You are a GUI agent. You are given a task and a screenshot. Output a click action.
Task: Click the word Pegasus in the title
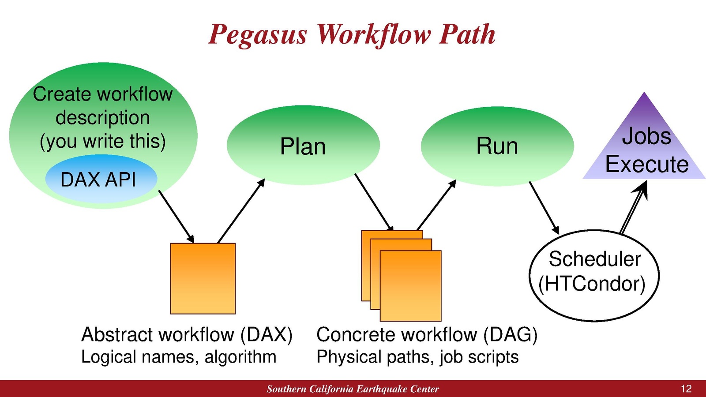258,34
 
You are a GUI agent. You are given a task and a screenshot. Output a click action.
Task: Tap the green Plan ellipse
303,146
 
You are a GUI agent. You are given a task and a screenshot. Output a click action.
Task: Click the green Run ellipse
497,146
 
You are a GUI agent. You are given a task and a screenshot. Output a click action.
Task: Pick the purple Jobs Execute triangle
646,150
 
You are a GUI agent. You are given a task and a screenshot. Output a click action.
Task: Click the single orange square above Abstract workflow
203,278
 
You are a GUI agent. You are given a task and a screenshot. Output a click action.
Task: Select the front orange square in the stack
410,286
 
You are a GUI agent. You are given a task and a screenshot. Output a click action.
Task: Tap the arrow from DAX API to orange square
176,217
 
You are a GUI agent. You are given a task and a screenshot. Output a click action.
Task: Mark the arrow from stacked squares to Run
436,205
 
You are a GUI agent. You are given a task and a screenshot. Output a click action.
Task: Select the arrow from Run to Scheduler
544,207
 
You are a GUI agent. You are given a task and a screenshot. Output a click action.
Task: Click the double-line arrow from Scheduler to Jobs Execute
633,207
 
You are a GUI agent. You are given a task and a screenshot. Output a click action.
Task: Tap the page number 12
686,389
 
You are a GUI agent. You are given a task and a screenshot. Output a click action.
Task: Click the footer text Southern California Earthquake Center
353,389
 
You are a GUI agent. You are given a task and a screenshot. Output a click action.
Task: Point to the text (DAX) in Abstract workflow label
266,334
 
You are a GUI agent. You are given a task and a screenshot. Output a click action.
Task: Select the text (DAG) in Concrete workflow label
510,334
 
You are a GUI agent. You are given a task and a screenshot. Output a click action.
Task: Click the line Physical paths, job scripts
417,357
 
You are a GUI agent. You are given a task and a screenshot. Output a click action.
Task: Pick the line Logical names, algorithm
179,357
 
